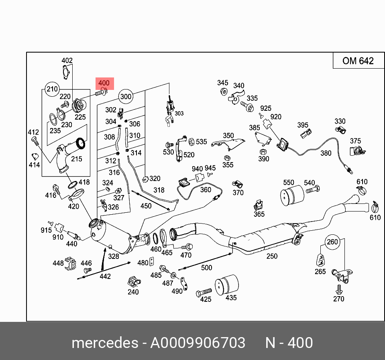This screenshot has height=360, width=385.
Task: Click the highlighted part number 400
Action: tap(104, 83)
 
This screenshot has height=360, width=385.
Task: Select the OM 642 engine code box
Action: tap(358, 61)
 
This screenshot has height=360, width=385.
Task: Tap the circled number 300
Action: tap(126, 96)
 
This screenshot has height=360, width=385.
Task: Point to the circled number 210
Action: tap(52, 89)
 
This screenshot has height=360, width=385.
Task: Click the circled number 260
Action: tap(332, 242)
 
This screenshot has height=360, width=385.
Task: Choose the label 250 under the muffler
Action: tap(272, 256)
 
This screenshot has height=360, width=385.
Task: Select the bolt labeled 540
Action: tap(312, 189)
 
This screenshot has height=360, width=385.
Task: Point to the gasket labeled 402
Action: tap(66, 73)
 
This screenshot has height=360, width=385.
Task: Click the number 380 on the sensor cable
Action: tap(326, 153)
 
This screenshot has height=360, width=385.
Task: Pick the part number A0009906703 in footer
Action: tap(198, 343)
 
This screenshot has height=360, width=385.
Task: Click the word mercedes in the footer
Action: tap(104, 343)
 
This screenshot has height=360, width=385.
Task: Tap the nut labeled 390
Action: tap(263, 152)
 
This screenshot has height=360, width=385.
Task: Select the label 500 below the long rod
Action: tap(206, 268)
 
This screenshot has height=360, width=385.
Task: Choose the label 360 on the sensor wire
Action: tap(205, 189)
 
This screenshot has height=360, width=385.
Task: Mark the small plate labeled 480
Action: tap(152, 262)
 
